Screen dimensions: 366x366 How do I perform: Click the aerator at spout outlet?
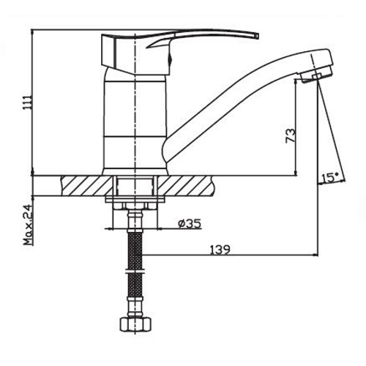(x=316, y=75)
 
